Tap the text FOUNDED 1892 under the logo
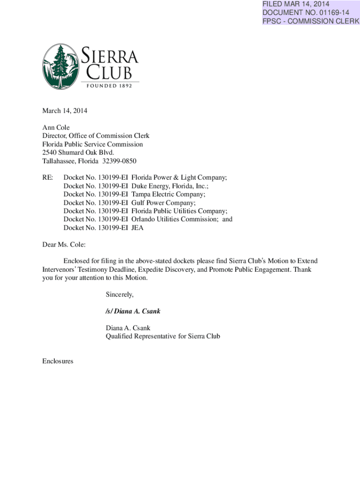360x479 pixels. [x=112, y=86]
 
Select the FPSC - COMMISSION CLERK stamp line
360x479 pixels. [x=311, y=21]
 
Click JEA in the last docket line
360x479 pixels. [x=138, y=227]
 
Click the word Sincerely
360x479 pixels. [x=120, y=295]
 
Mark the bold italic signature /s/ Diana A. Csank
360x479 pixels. [x=133, y=311]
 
